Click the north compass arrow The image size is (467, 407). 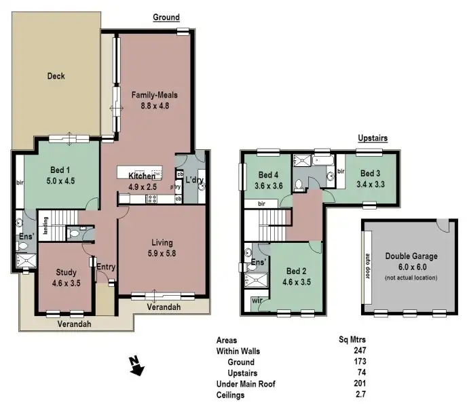click(137, 367)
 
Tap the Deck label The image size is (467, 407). click(56, 76)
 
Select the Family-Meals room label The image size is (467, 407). click(155, 95)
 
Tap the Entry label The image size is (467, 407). click(105, 267)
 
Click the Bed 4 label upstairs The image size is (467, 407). click(269, 174)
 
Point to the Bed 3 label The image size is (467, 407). click(371, 173)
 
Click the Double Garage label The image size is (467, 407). click(411, 256)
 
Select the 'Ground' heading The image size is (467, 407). click(166, 17)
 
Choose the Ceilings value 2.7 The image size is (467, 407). click(360, 394)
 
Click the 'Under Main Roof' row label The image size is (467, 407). click(246, 383)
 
